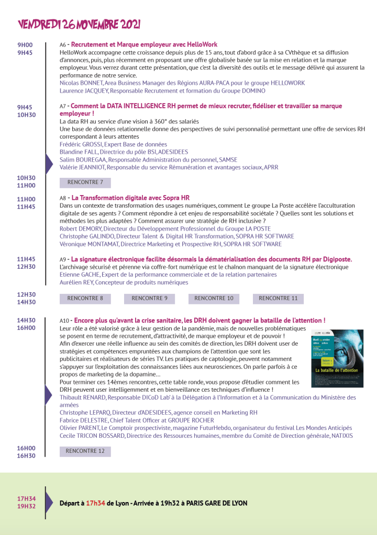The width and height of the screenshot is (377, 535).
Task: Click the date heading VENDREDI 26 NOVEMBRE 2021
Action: click(x=79, y=25)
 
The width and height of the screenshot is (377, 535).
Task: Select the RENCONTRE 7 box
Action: click(x=85, y=183)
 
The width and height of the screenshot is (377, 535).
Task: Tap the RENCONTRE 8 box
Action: click(x=85, y=299)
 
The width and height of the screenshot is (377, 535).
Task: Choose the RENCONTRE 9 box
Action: click(x=150, y=299)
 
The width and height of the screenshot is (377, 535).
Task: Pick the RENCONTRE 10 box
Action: click(x=214, y=299)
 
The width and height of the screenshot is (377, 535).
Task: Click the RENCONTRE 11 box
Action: click(x=278, y=299)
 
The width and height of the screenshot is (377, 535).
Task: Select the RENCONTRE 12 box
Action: click(x=85, y=451)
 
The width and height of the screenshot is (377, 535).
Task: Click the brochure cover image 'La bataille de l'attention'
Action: click(x=337, y=358)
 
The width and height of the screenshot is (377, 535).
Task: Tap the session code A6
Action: click(x=63, y=45)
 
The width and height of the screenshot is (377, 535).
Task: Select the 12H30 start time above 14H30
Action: click(x=26, y=295)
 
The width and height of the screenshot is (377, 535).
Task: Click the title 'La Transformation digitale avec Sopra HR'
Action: click(x=130, y=198)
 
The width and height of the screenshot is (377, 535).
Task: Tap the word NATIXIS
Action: click(x=342, y=436)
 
